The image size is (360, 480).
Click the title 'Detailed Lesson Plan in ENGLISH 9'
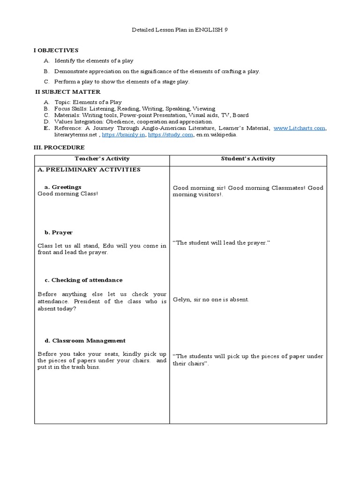point(180,30)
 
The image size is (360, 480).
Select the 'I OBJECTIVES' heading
point(56,50)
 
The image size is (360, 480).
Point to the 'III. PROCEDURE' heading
point(59,147)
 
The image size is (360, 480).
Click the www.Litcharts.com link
point(299,128)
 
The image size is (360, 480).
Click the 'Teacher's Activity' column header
point(102,158)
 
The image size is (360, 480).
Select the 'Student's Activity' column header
point(248,158)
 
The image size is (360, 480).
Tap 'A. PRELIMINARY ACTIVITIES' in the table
point(89,170)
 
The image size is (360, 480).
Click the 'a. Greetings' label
point(63,187)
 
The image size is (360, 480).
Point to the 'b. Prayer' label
point(59,232)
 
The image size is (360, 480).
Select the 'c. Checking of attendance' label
point(83,280)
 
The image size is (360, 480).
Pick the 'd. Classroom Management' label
point(85,340)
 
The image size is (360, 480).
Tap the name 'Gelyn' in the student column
point(181,300)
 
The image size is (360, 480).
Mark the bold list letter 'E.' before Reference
point(46,128)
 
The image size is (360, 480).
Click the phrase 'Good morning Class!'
point(68,194)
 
